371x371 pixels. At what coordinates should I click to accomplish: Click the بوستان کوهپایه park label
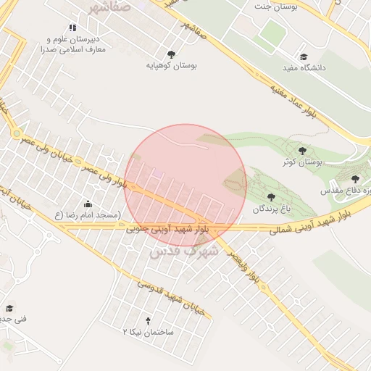click(171, 65)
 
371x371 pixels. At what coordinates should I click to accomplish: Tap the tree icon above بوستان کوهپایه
click(171, 54)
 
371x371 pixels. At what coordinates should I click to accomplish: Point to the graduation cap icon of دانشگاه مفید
click(304, 57)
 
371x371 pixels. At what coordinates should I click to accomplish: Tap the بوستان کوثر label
click(302, 162)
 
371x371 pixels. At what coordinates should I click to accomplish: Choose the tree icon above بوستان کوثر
click(302, 151)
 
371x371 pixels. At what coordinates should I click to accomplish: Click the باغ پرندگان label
click(271, 209)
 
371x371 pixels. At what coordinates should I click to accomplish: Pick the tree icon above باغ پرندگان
click(271, 196)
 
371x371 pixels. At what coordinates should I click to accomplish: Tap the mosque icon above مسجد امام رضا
click(88, 204)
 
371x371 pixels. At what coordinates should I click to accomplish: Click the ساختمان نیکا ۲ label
click(148, 331)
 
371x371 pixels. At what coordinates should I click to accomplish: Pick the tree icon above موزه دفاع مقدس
click(355, 179)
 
